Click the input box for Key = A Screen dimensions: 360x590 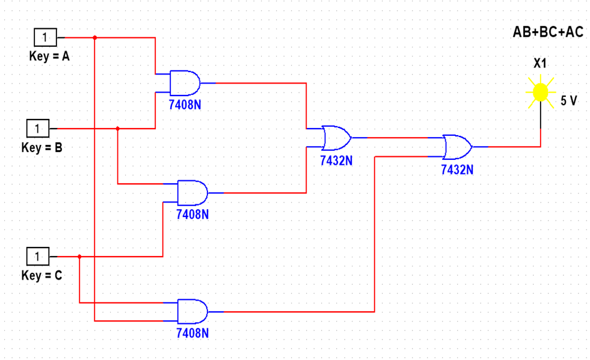[45, 38]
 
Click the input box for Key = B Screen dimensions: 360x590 [37, 128]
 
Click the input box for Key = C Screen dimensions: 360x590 [37, 257]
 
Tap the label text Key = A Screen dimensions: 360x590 [49, 56]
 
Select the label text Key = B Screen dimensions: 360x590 [41, 147]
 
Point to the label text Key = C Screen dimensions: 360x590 [41, 276]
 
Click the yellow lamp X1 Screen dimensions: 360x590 [540, 92]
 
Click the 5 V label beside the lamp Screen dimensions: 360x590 [568, 100]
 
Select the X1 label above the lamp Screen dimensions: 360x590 [539, 63]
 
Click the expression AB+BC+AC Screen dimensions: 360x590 [547, 32]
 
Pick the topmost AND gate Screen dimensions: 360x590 [185, 83]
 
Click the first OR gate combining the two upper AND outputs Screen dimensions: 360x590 [336, 138]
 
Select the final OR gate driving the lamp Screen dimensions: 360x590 [457, 146]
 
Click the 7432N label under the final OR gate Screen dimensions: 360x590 [457, 169]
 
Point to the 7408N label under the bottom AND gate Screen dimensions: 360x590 [192, 332]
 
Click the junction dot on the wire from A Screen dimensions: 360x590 [95, 38]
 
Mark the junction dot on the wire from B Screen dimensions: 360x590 [118, 128]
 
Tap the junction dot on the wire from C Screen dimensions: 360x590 [79, 257]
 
